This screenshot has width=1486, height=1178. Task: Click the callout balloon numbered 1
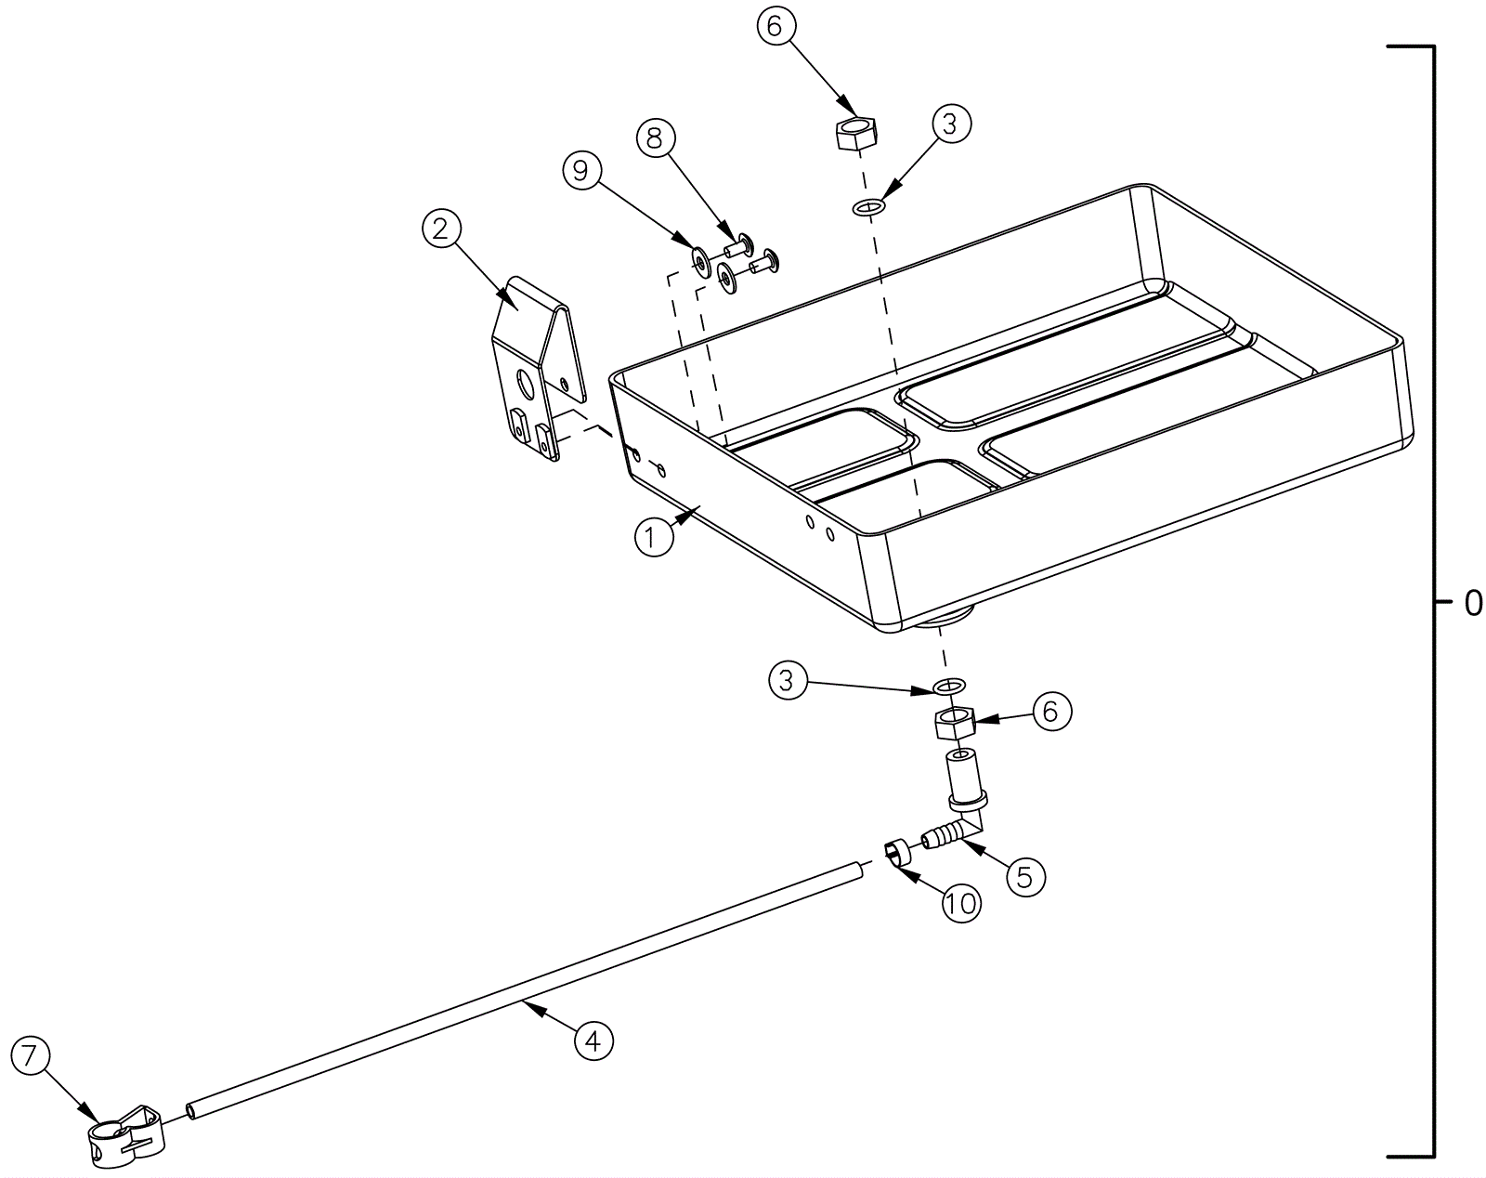tap(654, 537)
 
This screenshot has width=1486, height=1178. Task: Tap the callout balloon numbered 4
tap(593, 1040)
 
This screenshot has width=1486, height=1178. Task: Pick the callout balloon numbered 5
tap(1024, 876)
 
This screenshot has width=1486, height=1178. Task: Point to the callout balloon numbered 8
tap(655, 139)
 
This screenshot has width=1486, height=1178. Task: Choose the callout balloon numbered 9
tap(581, 171)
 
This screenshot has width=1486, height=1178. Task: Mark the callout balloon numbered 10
tap(961, 902)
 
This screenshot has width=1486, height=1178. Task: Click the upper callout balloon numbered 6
tap(776, 27)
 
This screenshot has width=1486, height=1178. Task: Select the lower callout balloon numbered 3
tap(788, 681)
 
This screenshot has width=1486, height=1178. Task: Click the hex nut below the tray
tap(953, 721)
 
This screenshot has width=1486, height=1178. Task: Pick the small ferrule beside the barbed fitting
tap(897, 852)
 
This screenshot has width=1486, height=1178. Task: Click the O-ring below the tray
tap(947, 687)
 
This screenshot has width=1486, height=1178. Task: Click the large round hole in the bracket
tap(524, 382)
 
